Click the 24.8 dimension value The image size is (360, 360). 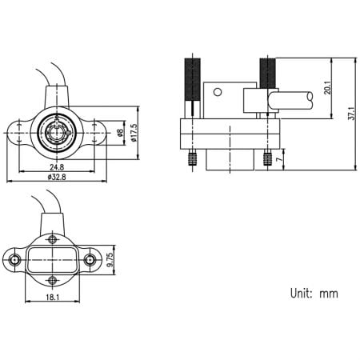tap(57, 167)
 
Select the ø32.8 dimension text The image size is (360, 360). tap(57, 177)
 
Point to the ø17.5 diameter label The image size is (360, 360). tap(134, 131)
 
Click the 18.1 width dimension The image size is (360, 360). tap(54, 298)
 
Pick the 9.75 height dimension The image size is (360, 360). tap(111, 259)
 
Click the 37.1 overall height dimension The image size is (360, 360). tap(351, 114)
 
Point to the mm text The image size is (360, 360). tap(329, 294)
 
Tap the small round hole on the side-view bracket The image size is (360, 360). tap(217, 91)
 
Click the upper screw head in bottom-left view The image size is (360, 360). tap(52, 239)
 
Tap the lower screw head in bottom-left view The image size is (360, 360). tap(52, 279)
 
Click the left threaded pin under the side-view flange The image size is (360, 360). tap(191, 158)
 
